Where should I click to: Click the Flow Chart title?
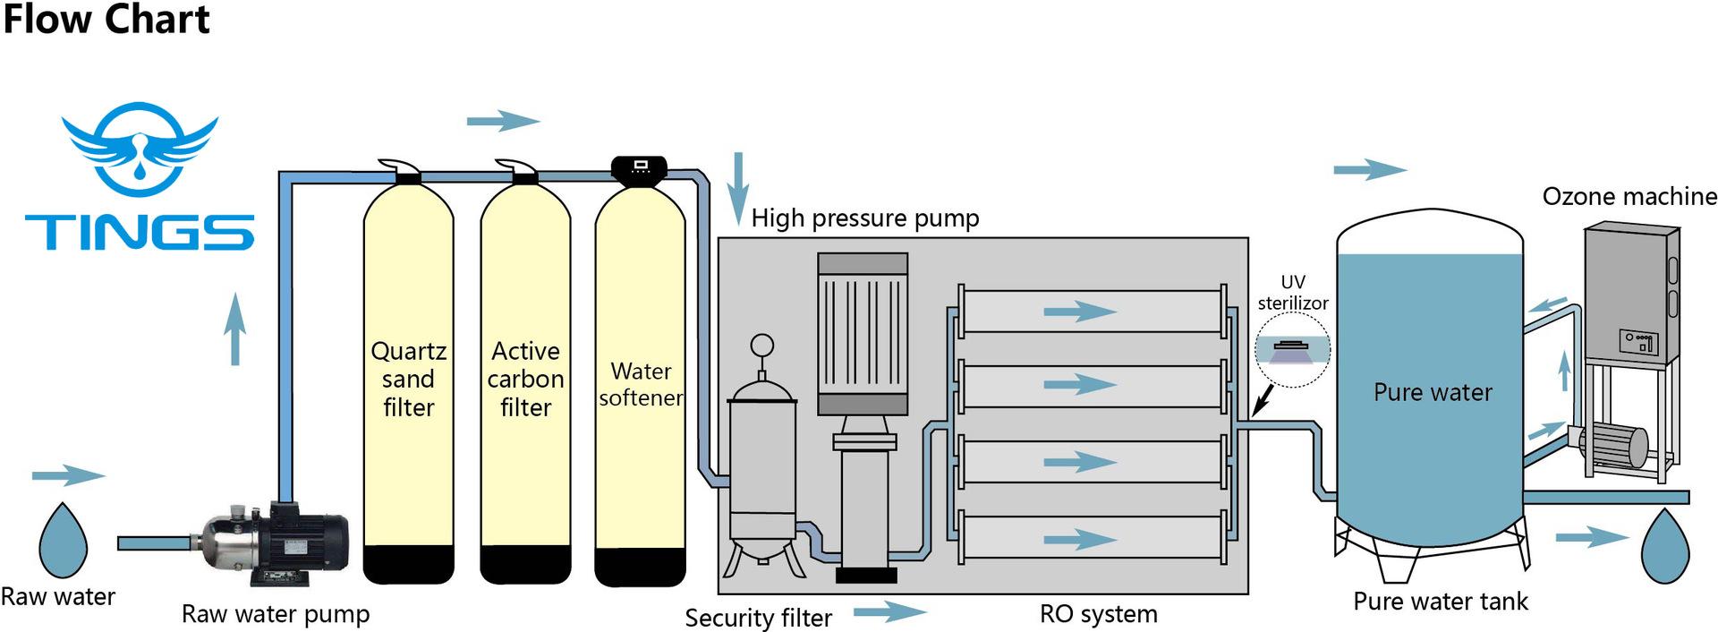point(106,20)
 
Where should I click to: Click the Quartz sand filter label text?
point(408,379)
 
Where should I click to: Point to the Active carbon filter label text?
point(525,379)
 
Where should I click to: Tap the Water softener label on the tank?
point(641,384)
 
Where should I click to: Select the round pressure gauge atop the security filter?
point(761,346)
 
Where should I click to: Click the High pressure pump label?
point(864,218)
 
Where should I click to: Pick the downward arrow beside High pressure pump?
point(737,188)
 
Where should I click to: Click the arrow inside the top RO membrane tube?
point(1080,312)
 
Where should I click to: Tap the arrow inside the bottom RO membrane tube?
point(1080,539)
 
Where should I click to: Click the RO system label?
point(1098,614)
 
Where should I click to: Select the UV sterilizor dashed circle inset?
point(1292,350)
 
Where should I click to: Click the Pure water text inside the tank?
point(1433,392)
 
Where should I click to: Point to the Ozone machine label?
point(1629,197)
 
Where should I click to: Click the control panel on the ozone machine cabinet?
point(1637,341)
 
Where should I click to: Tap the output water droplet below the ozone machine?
point(1665,544)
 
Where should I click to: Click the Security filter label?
point(758,618)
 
